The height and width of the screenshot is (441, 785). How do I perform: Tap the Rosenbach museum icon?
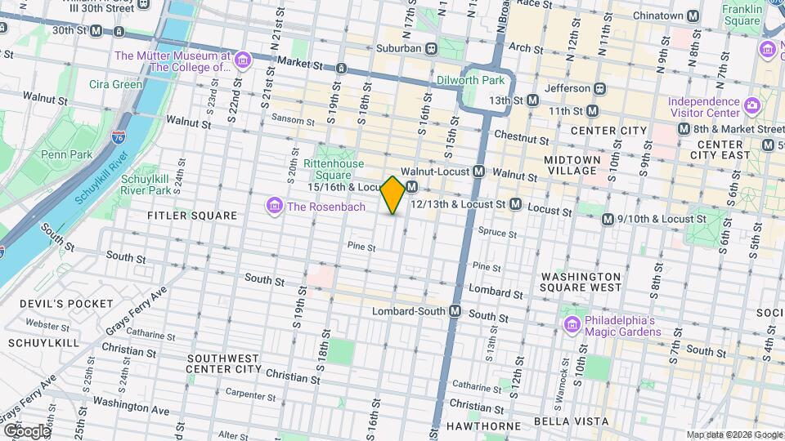[x=275, y=206]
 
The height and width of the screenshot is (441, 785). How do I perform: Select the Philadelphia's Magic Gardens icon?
[x=572, y=325]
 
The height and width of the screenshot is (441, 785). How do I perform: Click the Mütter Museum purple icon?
[x=241, y=61]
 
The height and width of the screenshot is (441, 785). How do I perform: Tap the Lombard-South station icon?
[x=455, y=311]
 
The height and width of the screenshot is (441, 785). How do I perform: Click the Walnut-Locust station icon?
[x=479, y=171]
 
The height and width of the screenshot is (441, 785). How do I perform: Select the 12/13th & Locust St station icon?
[x=515, y=203]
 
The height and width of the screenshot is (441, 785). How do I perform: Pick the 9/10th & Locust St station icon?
[x=608, y=219]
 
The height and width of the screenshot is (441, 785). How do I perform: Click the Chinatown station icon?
[x=693, y=16]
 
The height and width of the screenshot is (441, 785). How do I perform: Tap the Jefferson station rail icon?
[x=599, y=87]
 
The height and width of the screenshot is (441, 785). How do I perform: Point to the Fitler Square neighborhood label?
[x=191, y=216]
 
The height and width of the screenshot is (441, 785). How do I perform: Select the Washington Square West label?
[x=581, y=282]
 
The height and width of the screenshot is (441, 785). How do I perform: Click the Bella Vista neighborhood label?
[x=571, y=421]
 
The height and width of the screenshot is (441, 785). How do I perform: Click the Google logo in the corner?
[x=26, y=430]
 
